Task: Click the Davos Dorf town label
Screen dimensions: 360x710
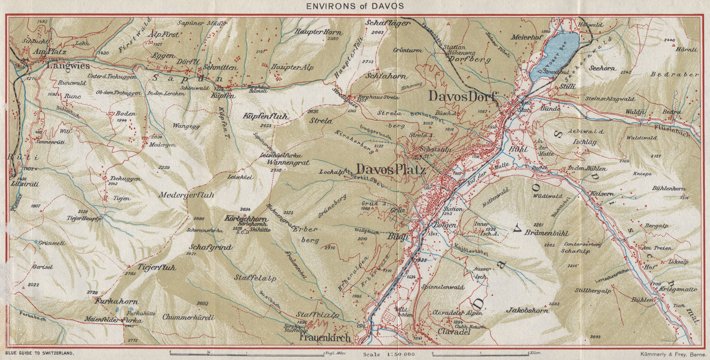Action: point(461,96)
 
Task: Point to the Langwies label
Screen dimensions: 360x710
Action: point(69,66)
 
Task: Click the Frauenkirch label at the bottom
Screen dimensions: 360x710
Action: point(323,338)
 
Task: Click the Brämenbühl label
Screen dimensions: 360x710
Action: point(547,233)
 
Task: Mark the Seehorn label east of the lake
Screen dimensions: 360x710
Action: point(602,68)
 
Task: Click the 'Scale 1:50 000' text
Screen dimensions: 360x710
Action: point(389,354)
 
